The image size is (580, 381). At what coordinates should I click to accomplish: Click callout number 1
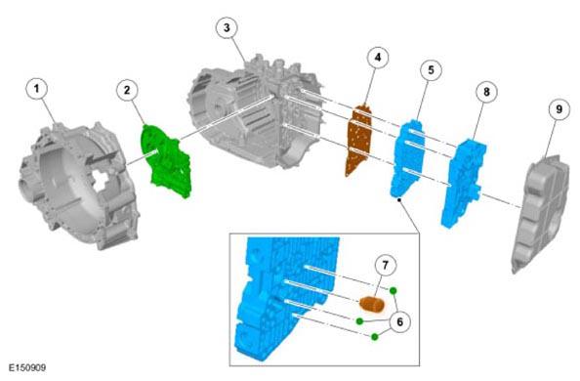37,89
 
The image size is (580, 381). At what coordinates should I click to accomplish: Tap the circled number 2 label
127,90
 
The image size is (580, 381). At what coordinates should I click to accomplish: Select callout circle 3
227,27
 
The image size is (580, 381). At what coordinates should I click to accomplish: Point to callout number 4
378,58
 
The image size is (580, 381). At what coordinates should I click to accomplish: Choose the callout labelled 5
431,69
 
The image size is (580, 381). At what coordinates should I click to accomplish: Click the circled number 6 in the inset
400,321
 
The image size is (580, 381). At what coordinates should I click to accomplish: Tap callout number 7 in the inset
385,265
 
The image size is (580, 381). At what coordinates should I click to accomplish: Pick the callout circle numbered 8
486,92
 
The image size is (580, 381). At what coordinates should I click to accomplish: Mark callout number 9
559,109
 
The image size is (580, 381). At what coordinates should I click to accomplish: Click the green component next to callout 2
165,161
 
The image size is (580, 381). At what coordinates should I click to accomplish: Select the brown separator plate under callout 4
358,141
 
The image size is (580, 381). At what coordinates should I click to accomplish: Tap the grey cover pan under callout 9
540,213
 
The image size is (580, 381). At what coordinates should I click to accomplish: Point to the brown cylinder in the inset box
372,304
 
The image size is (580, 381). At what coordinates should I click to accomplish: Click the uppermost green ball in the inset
393,291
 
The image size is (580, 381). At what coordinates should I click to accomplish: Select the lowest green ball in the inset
375,337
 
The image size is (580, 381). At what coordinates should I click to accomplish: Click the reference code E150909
27,368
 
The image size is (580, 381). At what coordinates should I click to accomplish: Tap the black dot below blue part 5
399,200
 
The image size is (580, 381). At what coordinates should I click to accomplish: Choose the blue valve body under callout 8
464,183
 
